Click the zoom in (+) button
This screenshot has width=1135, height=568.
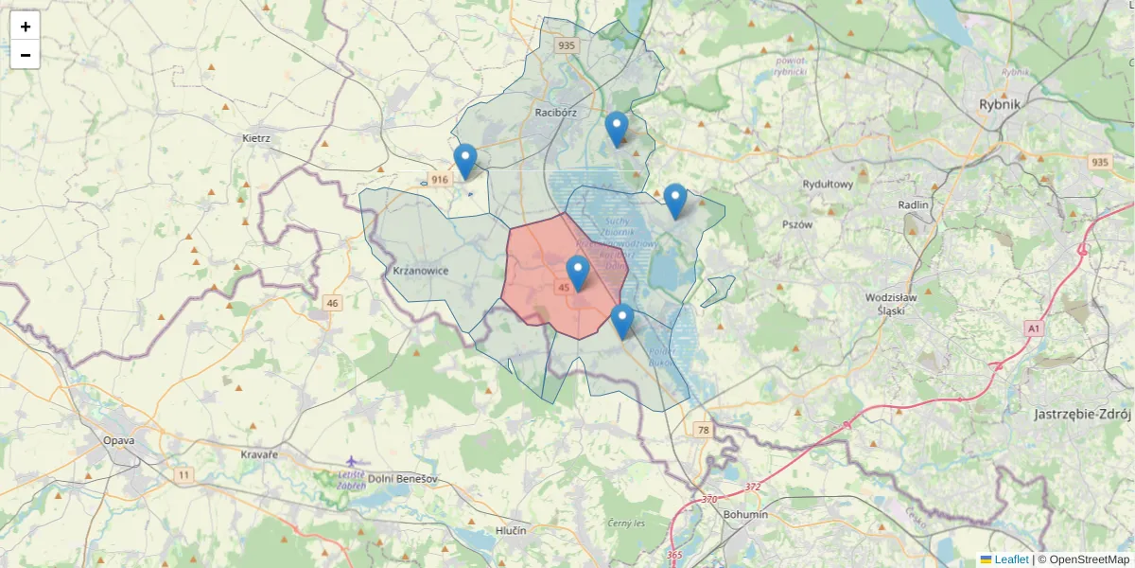26,27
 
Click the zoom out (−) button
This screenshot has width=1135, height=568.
26,55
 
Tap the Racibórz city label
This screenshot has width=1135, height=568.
555,112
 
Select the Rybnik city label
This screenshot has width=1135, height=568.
1001,104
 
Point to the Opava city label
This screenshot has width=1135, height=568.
119,440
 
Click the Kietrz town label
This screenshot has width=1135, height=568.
256,138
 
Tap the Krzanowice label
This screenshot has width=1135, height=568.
420,272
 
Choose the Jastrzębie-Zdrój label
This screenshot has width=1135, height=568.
1082,415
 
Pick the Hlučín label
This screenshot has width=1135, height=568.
511,530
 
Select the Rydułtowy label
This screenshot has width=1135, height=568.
828,185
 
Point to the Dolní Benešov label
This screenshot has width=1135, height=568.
403,479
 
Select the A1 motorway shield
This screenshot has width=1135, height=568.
1034,328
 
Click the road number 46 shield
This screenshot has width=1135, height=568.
331,303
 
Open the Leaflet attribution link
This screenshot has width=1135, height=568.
1010,559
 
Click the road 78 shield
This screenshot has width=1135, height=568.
703,430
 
